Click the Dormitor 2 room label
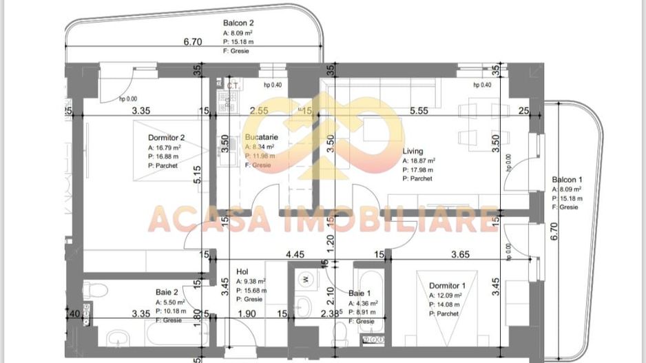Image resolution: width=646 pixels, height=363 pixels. [x=167, y=137]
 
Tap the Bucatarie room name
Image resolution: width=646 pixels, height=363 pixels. [x=260, y=137]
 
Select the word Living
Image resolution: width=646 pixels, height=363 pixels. [x=413, y=152]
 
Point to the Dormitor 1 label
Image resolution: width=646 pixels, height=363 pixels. [x=448, y=286]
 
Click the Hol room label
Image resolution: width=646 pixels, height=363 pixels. [x=242, y=271]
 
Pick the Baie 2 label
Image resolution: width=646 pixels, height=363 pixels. [x=167, y=292]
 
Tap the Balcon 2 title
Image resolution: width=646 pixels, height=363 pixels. [x=239, y=23]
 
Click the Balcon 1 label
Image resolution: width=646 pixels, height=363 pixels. [x=567, y=179]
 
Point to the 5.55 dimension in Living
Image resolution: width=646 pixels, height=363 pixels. [x=419, y=110]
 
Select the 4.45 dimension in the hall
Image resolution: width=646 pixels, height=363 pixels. [x=295, y=254]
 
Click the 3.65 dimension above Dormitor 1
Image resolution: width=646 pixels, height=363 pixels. [x=460, y=254]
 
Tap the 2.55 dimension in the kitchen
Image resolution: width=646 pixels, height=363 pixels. [x=259, y=110]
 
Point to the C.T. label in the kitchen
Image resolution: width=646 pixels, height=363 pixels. [x=232, y=85]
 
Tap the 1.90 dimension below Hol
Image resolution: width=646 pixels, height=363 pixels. [x=247, y=315]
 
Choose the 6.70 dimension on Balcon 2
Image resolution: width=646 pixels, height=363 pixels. [x=193, y=42]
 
